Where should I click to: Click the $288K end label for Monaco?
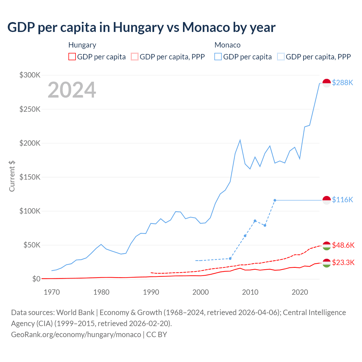pyautogui.click(x=342, y=83)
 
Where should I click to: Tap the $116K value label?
pyautogui.click(x=342, y=200)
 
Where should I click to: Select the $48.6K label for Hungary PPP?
pyautogui.click(x=343, y=245)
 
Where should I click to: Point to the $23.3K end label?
pyautogui.click(x=343, y=263)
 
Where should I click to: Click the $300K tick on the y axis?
pyautogui.click(x=30, y=75)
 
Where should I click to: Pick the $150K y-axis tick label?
pyautogui.click(x=30, y=177)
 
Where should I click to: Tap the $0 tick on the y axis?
pyautogui.click(x=36, y=279)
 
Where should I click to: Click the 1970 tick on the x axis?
pyautogui.click(x=52, y=292)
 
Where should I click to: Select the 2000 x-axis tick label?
pyautogui.click(x=201, y=292)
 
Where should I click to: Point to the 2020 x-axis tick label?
pyautogui.click(x=300, y=292)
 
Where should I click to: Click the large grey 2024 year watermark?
pyautogui.click(x=72, y=90)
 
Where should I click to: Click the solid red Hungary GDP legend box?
pyautogui.click(x=72, y=57)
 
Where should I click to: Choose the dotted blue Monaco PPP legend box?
pyautogui.click(x=281, y=57)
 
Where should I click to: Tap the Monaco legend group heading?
pyautogui.click(x=227, y=45)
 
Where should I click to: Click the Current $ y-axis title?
pyautogui.click(x=12, y=176)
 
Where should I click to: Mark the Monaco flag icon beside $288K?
pyautogui.click(x=327, y=83)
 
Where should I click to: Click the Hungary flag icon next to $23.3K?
pyautogui.click(x=327, y=263)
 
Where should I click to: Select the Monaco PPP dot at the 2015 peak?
pyautogui.click(x=275, y=200)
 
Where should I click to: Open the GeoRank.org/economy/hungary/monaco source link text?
pyautogui.click(x=76, y=335)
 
